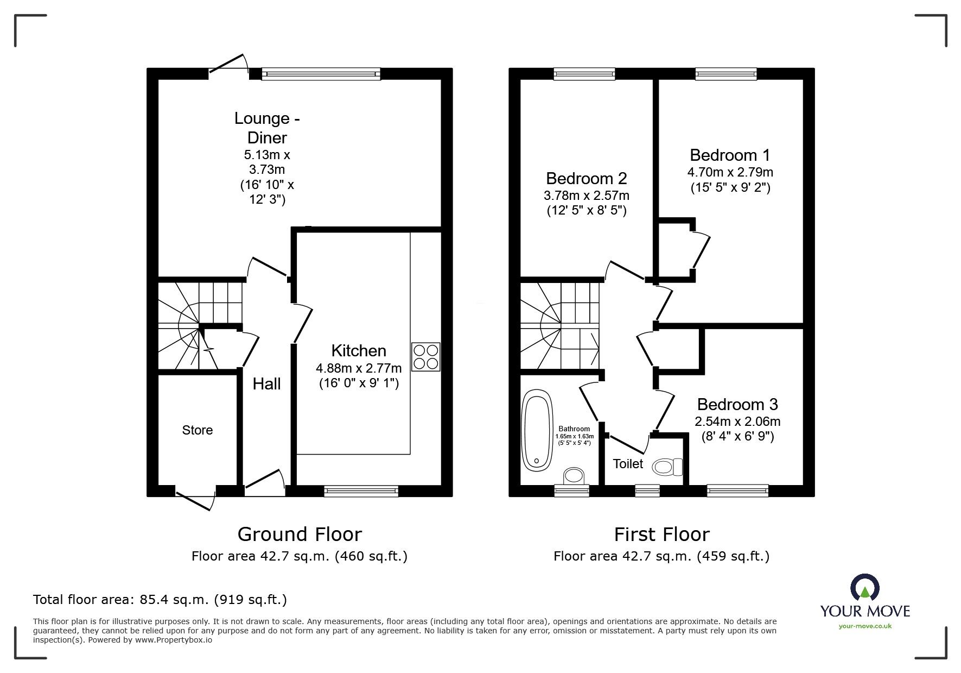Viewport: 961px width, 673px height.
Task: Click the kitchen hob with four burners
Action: pos(425,356)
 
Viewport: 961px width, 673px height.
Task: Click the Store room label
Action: pos(198,430)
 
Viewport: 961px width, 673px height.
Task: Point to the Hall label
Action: pos(266,384)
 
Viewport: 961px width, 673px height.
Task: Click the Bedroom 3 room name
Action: pos(737,404)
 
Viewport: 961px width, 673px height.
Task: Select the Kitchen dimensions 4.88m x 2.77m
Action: pos(359,368)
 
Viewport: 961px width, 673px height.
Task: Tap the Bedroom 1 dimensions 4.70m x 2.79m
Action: pos(730,172)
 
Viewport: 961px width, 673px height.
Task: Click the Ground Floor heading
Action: pos(300,534)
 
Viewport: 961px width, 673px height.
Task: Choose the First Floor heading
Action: pos(661,534)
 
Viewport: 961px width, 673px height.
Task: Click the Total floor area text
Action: pos(160,600)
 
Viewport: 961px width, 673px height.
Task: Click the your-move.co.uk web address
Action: pos(865,626)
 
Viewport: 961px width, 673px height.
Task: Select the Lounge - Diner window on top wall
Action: pos(321,74)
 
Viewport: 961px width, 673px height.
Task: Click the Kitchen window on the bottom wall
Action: pos(361,491)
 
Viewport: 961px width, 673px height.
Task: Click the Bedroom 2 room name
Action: pos(587,178)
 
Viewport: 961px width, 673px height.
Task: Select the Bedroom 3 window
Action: pos(738,491)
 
